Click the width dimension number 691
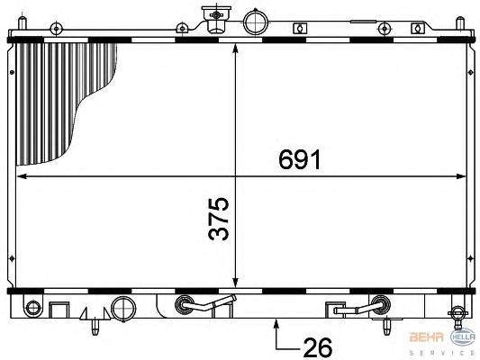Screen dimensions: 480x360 tap(299, 159)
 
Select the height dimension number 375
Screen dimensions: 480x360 tap(219, 219)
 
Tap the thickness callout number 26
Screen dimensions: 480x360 tap(318, 347)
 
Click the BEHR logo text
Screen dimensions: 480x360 tap(427, 337)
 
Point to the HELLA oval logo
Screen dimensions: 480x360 tap(463, 337)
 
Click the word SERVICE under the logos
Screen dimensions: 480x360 tap(442, 353)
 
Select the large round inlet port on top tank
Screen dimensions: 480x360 tap(255, 22)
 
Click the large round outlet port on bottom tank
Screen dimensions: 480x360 tap(123, 309)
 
